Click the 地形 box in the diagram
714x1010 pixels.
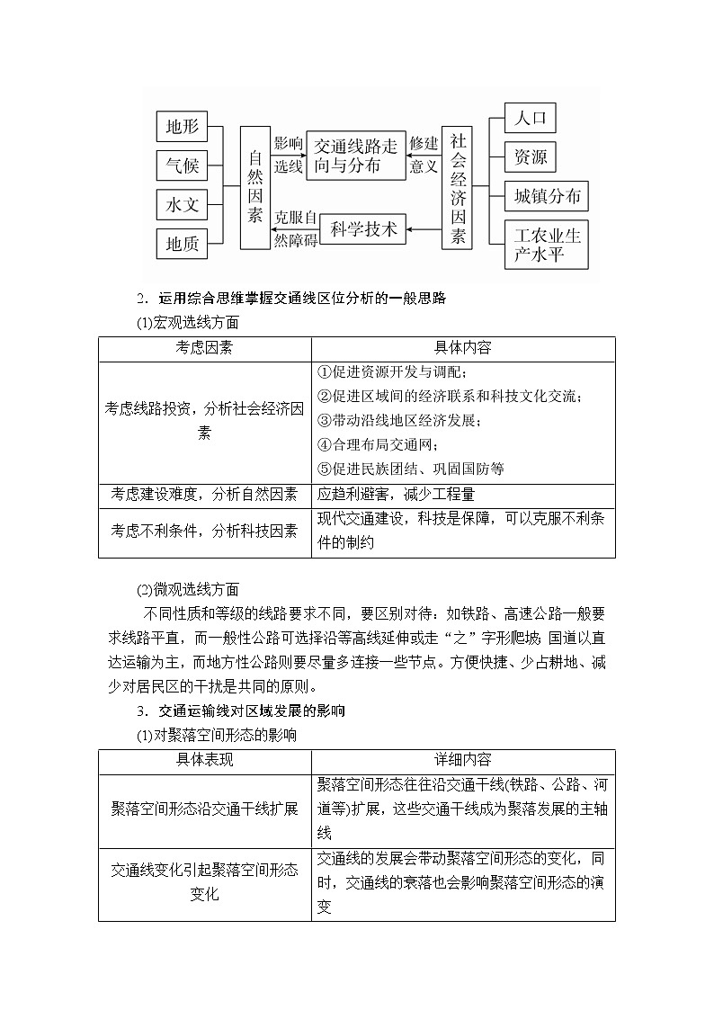click(x=182, y=127)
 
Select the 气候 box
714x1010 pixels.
click(x=182, y=166)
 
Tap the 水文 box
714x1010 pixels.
click(x=182, y=205)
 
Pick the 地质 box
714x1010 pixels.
click(x=182, y=243)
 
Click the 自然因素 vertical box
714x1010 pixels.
click(x=255, y=187)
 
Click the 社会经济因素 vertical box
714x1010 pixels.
click(x=458, y=187)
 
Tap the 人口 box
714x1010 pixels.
click(x=531, y=119)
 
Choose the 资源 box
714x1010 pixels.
click(x=531, y=157)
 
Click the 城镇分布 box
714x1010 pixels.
click(x=547, y=196)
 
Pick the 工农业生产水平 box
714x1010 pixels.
click(x=547, y=245)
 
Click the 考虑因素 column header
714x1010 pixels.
click(x=205, y=348)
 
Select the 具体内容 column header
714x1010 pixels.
click(x=463, y=348)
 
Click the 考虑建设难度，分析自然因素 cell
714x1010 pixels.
click(x=205, y=495)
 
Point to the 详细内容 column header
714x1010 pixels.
click(x=463, y=761)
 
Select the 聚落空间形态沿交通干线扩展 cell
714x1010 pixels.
click(x=205, y=809)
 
